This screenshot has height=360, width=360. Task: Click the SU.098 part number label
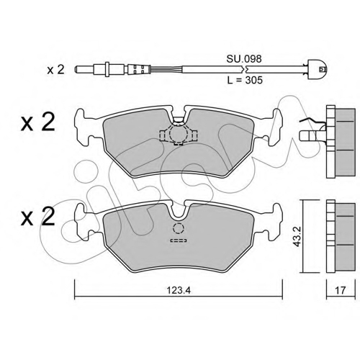pyautogui.click(x=244, y=59)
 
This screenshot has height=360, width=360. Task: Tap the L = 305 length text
pyautogui.click(x=245, y=80)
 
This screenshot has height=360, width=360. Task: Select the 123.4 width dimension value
pyautogui.click(x=179, y=291)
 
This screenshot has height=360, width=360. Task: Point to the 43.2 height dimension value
pyautogui.click(x=297, y=235)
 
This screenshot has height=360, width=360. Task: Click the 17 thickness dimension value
pyautogui.click(x=340, y=291)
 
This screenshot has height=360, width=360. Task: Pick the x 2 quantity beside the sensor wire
pyautogui.click(x=55, y=70)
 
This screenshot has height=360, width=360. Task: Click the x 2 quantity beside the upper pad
pyautogui.click(x=38, y=122)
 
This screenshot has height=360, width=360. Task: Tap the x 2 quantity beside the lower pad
pyautogui.click(x=38, y=217)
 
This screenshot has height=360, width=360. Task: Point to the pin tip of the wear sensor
pyautogui.click(x=77, y=69)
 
